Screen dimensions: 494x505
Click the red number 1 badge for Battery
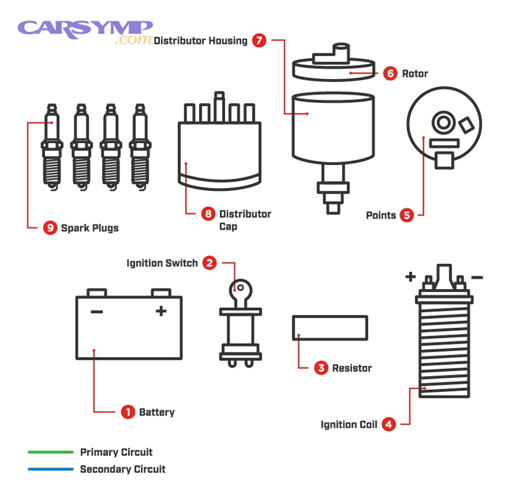[128, 412]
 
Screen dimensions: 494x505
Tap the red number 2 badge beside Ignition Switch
[209, 263]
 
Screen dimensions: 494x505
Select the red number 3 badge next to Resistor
[321, 368]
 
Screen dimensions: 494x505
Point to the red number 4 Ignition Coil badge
[389, 424]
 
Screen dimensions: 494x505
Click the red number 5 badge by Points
[407, 215]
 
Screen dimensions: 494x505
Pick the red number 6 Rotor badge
[391, 73]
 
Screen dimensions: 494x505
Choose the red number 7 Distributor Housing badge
[259, 40]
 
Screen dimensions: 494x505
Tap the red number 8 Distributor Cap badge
[208, 214]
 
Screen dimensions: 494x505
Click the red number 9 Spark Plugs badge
[50, 228]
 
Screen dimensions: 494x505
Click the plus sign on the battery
[161, 311]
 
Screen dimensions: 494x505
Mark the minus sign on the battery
[97, 311]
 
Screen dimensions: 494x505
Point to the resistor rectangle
[330, 328]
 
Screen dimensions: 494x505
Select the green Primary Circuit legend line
[50, 452]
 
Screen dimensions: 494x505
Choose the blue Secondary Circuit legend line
[50, 469]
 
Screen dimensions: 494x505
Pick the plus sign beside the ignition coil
[410, 276]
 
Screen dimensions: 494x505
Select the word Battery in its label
[157, 412]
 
